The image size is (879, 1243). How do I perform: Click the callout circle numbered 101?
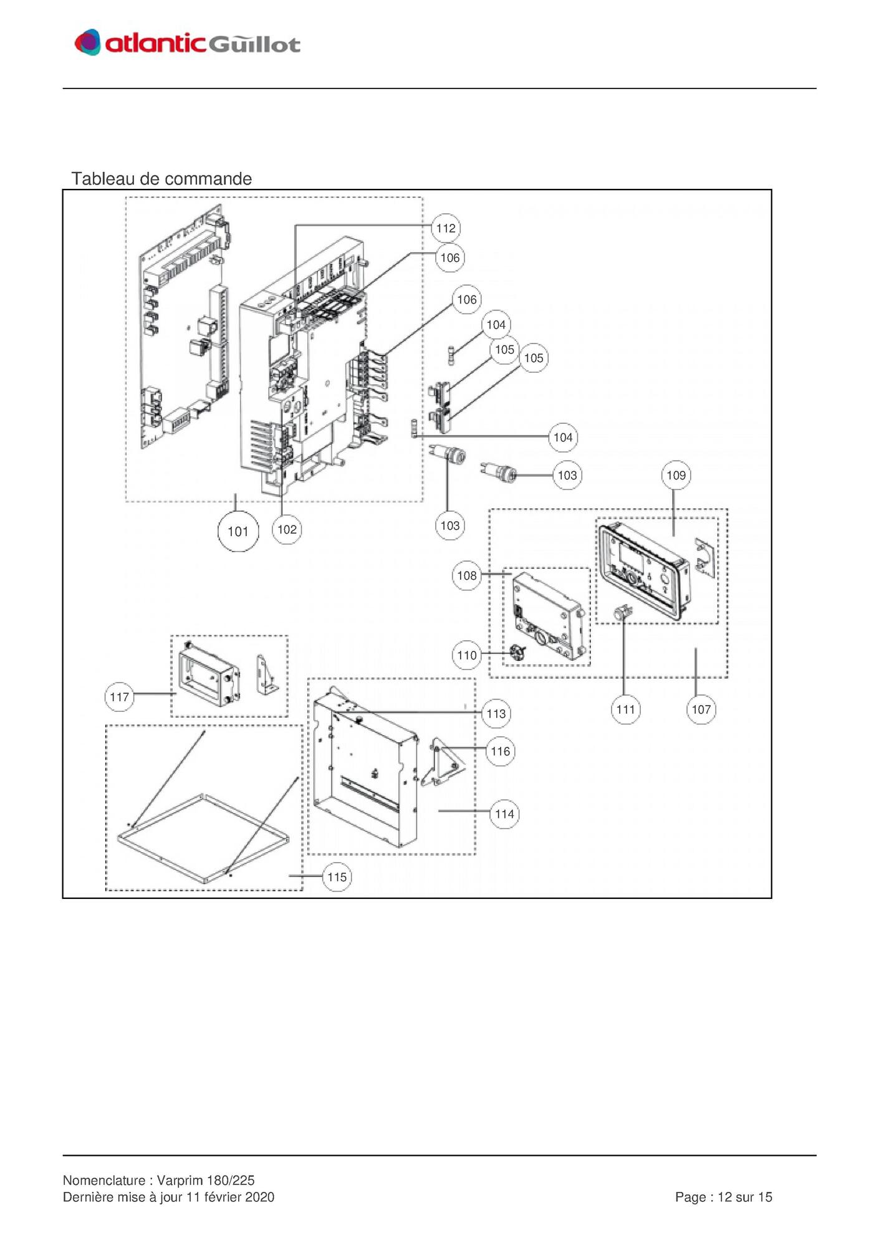[x=238, y=531]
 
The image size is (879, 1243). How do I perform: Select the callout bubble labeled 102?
[x=287, y=529]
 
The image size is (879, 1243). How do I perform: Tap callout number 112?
[x=446, y=228]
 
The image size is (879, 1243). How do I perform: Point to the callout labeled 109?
[x=676, y=475]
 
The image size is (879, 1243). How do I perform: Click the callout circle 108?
[x=467, y=575]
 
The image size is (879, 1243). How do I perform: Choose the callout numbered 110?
[x=467, y=655]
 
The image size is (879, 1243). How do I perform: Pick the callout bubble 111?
[x=625, y=709]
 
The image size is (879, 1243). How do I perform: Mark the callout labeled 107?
[x=701, y=709]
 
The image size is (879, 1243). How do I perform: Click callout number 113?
[x=496, y=714]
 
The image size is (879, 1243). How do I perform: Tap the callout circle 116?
[x=501, y=751]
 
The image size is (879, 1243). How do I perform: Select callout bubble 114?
[x=505, y=813]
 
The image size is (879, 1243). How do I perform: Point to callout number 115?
[x=337, y=877]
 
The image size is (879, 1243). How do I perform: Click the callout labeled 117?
[x=119, y=697]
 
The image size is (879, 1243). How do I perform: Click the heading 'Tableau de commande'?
[x=161, y=179]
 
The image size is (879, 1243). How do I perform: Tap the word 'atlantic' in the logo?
[x=155, y=43]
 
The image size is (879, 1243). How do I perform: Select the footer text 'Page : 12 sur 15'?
[x=724, y=1197]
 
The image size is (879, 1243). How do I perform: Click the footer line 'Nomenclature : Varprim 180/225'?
[x=159, y=1180]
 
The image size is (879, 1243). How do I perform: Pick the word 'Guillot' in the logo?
[x=254, y=44]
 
